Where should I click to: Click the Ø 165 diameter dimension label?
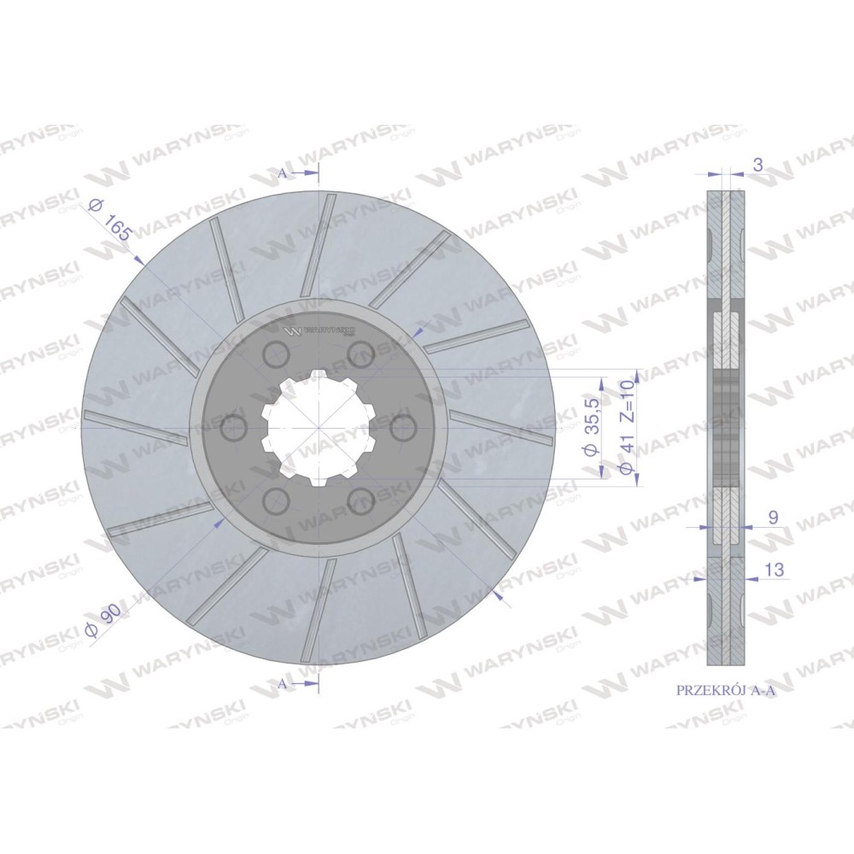click(110, 220)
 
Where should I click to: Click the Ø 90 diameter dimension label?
click(103, 622)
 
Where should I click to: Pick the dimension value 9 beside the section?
click(773, 518)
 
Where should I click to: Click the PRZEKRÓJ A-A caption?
click(725, 690)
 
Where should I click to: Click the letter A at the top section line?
click(282, 173)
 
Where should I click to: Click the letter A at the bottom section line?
click(282, 684)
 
